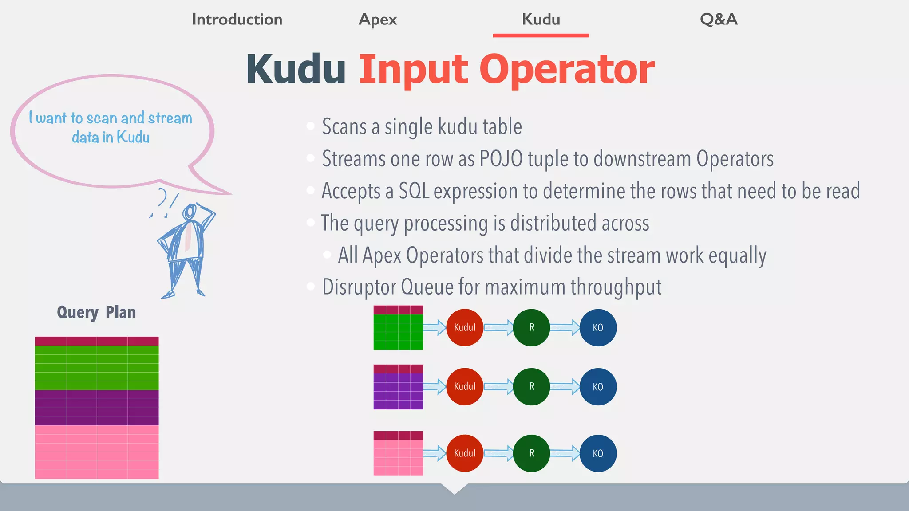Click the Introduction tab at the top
click(237, 20)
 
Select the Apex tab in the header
click(378, 20)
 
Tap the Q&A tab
click(719, 20)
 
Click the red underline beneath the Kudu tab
click(541, 35)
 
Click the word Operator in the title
click(567, 70)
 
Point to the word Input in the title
click(413, 70)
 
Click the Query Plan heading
click(96, 312)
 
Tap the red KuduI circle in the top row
click(465, 328)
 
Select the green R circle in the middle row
click(531, 387)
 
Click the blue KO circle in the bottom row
click(598, 453)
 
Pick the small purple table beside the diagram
click(398, 387)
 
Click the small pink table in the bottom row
click(398, 453)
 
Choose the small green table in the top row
click(398, 328)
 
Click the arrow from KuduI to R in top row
click(498, 328)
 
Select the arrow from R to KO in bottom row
click(565, 453)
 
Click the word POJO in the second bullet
click(501, 159)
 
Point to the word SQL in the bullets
click(414, 191)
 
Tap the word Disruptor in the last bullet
click(359, 287)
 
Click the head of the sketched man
click(190, 212)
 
